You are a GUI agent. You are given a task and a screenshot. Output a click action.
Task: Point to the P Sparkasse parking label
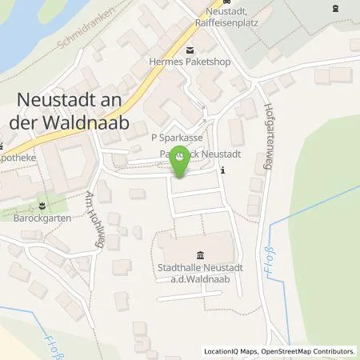[x=178, y=138]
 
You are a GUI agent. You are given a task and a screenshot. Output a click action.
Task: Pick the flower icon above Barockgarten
[x=32, y=202]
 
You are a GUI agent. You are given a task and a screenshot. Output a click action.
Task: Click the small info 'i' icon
[x=222, y=169]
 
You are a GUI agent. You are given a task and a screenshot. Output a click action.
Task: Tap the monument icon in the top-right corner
[x=334, y=9]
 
